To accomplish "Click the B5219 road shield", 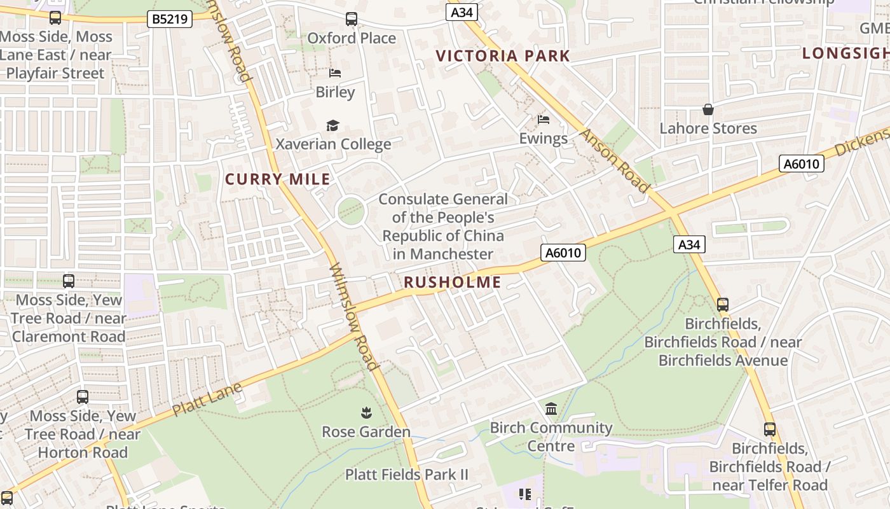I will coord(170,19).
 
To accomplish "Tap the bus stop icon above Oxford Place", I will coord(352,19).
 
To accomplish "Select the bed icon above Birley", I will coord(335,73).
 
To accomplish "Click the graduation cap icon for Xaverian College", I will coord(332,125).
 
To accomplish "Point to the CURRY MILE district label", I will coord(278,179).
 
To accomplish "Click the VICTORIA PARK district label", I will coord(503,56).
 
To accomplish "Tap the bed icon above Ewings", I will coord(543,120).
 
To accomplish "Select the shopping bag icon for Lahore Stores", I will coord(708,110).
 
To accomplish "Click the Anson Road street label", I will coord(615,161).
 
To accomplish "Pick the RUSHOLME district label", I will coord(453,282).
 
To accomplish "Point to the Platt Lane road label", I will coord(207,400).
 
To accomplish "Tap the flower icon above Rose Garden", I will coord(366,414).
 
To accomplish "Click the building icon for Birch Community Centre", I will coord(551,409).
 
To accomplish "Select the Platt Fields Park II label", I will coord(406,475).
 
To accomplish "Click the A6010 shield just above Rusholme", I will coord(563,253).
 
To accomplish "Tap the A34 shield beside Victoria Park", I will coord(462,12).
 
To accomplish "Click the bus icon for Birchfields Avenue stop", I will coord(722,305).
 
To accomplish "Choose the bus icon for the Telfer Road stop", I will coord(769,429).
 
